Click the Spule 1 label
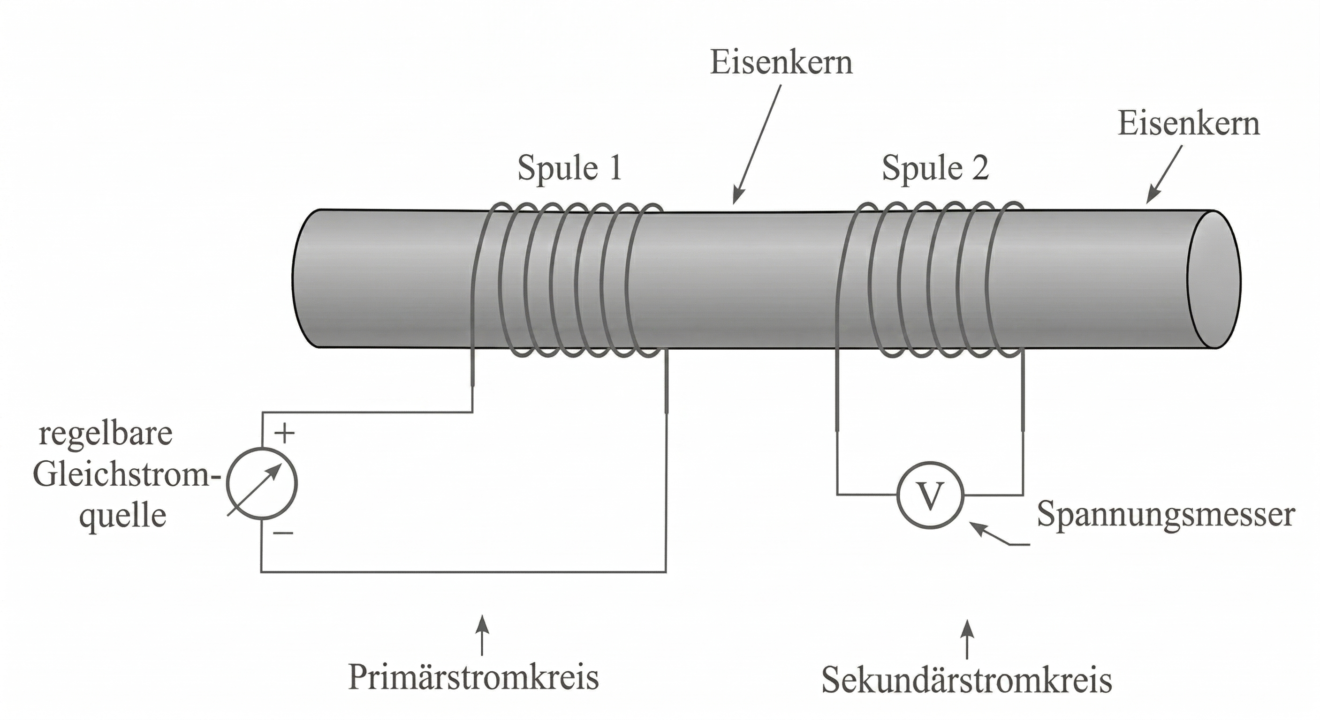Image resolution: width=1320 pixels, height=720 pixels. tap(569, 168)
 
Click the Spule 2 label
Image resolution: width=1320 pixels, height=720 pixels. tap(935, 168)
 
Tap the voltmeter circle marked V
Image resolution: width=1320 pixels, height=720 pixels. tap(930, 495)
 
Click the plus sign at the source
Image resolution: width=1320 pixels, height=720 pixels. tap(285, 434)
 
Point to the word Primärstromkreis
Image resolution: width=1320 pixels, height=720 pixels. tap(473, 677)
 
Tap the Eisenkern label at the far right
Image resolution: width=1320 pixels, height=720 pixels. tap(1188, 124)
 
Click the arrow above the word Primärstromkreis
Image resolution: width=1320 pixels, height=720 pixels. tap(482, 635)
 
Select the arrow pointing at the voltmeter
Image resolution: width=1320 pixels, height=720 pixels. tap(997, 535)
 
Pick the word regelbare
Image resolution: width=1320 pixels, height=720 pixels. tap(106, 434)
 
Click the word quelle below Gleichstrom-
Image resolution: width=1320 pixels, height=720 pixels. tap(123, 516)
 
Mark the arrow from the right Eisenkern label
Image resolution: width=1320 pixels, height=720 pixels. tap(1164, 174)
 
